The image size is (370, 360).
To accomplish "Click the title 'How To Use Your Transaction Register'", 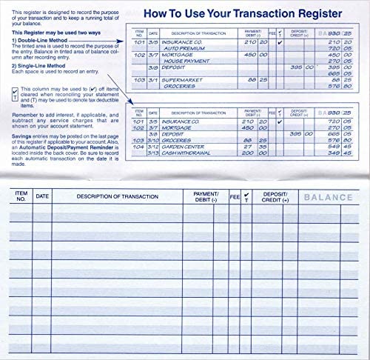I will point(241,13).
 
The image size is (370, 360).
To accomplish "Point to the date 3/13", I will point(153,153).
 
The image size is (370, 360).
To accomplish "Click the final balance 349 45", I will point(342,153).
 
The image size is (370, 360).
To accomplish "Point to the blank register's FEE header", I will point(235,196).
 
